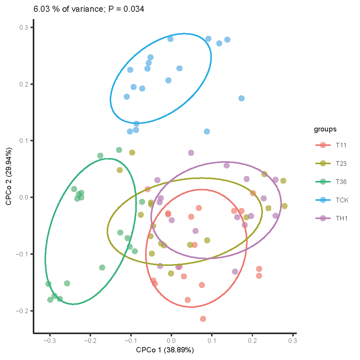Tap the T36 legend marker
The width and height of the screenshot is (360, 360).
(323, 182)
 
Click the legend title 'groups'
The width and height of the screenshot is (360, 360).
(325, 129)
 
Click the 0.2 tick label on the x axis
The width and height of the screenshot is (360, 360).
(252, 340)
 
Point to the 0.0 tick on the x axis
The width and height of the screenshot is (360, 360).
(171, 340)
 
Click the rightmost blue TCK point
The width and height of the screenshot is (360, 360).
(241, 98)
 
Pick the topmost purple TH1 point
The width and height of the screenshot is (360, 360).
(191, 153)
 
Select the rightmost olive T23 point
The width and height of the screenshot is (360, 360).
(284, 206)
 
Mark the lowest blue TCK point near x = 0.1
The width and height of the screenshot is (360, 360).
(207, 131)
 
